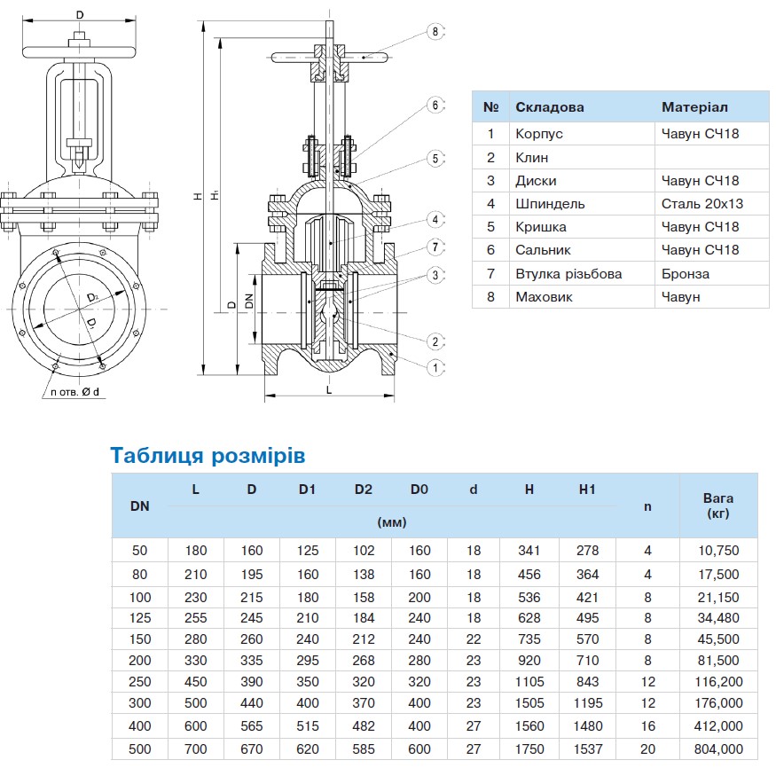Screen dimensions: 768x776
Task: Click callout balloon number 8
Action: pyautogui.click(x=435, y=32)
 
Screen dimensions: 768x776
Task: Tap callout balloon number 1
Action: pyautogui.click(x=435, y=366)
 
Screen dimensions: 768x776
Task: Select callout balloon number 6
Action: pyautogui.click(x=435, y=105)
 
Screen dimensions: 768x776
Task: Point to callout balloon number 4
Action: pyautogui.click(x=435, y=218)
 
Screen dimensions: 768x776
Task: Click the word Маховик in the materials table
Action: pyautogui.click(x=544, y=297)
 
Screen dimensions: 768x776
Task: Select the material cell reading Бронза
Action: pyautogui.click(x=686, y=274)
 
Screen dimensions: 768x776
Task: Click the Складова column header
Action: pyautogui.click(x=550, y=107)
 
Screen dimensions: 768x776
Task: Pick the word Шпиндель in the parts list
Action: pyautogui.click(x=550, y=204)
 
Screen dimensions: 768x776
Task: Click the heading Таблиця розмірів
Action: pyautogui.click(x=208, y=456)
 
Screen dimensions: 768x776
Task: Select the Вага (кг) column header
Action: pyautogui.click(x=717, y=505)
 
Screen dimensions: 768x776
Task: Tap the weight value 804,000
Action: pyautogui.click(x=717, y=749)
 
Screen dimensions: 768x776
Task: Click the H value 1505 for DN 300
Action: pyautogui.click(x=529, y=703)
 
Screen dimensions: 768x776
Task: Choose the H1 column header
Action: pyautogui.click(x=587, y=490)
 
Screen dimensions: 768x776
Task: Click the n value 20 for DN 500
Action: pyautogui.click(x=647, y=749)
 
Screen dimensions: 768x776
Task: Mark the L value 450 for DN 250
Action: pyautogui.click(x=195, y=681)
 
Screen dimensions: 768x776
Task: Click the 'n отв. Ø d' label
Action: pyautogui.click(x=74, y=391)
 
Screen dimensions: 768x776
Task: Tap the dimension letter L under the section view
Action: pyautogui.click(x=329, y=388)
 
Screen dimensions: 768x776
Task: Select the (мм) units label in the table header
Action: pyautogui.click(x=391, y=522)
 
